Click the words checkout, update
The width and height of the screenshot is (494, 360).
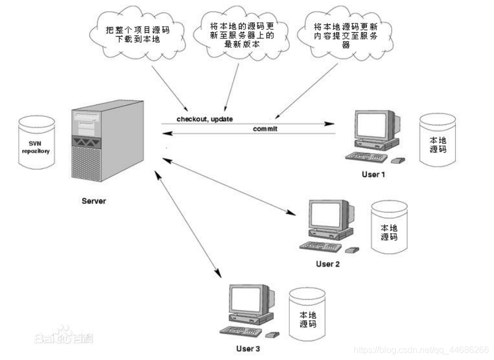(x=205, y=119)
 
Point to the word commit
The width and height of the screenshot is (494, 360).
(x=265, y=128)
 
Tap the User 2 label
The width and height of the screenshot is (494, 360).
(x=327, y=263)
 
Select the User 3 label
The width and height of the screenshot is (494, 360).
(x=248, y=349)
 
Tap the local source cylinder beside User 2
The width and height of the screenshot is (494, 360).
(x=389, y=229)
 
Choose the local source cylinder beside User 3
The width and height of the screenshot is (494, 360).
(x=308, y=315)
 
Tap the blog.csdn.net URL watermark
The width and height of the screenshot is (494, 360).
(x=421, y=350)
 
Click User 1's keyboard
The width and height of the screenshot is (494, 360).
(x=366, y=156)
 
